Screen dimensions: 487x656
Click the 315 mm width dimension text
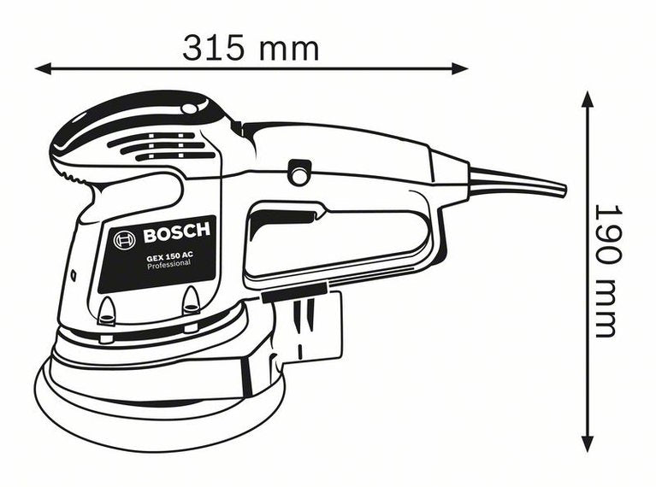pos(251,49)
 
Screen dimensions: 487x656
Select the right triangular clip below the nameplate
pos(191,301)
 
